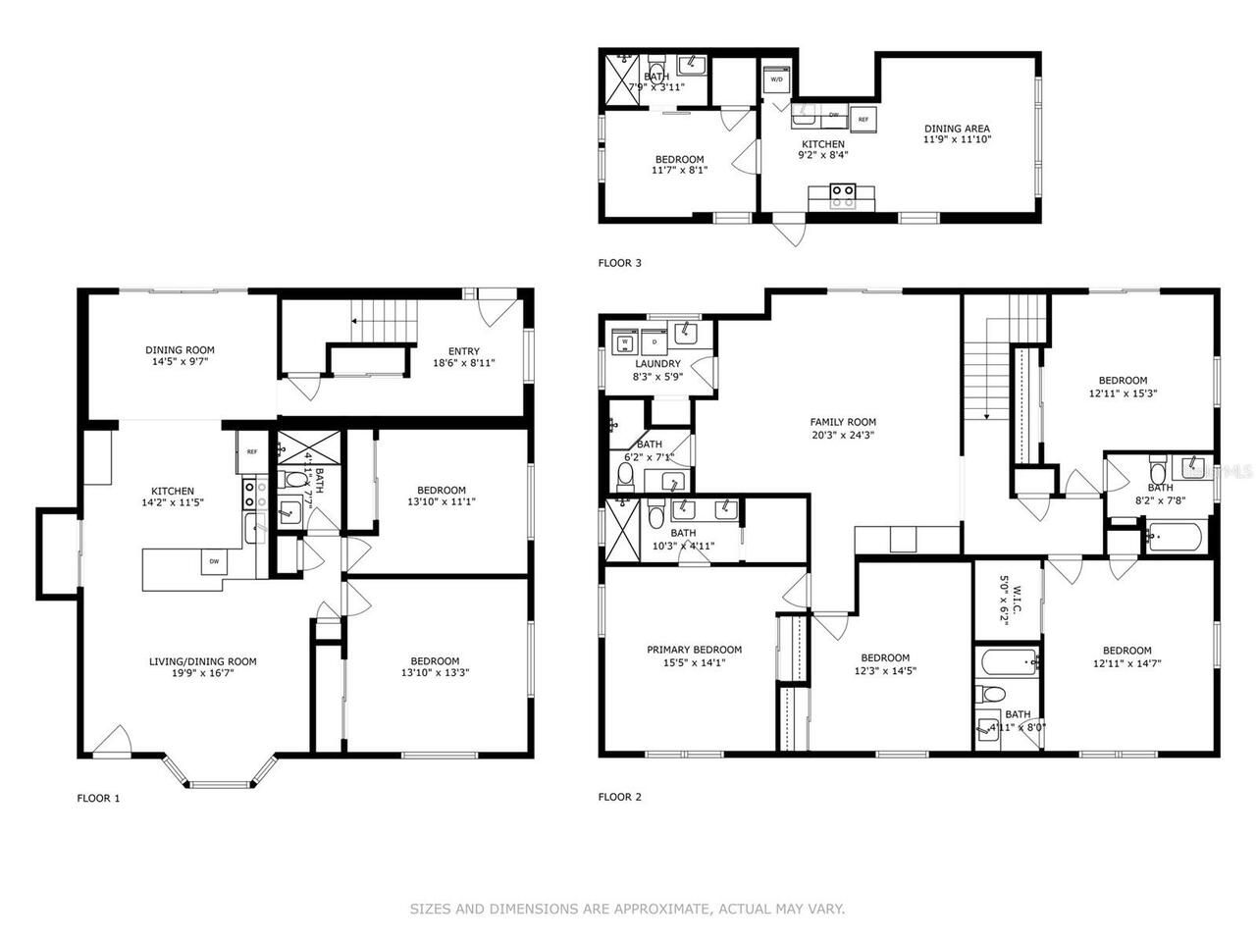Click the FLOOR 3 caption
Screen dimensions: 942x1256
tap(619, 263)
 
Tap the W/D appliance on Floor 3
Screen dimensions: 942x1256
tap(776, 79)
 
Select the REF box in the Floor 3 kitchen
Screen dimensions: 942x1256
tap(863, 119)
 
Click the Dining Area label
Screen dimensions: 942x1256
tap(956, 129)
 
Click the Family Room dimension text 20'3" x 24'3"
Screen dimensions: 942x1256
tap(842, 436)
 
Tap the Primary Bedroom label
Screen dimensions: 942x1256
tap(694, 650)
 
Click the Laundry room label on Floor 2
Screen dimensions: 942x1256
tap(656, 364)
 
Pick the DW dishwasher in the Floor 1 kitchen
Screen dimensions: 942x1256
tap(213, 562)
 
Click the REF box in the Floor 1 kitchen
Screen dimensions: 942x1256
tap(251, 452)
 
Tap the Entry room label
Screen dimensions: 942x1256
tap(463, 351)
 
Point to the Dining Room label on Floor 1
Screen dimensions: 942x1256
tap(180, 350)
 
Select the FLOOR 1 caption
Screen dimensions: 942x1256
tap(98, 798)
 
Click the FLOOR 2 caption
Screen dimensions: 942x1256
tap(619, 797)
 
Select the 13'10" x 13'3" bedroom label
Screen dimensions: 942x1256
tap(430, 673)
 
